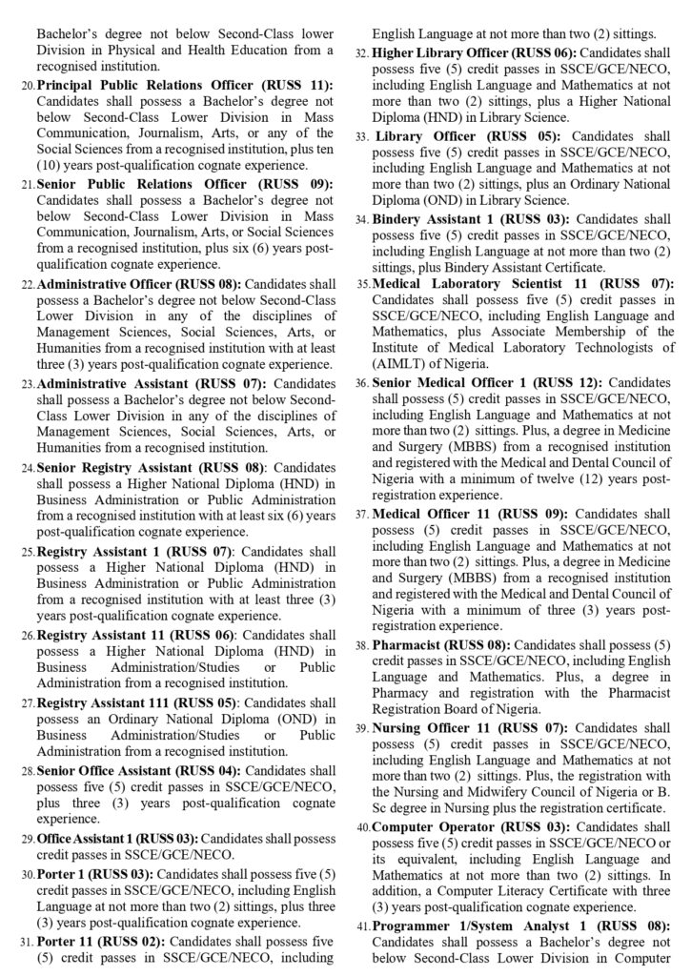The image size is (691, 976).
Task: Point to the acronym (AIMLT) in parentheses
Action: click(404, 362)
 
